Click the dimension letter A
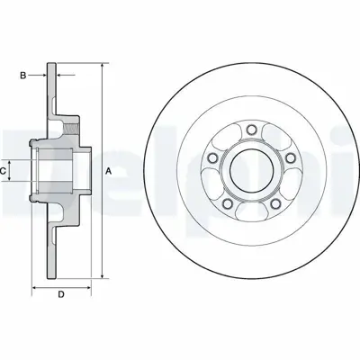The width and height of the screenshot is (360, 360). click(x=108, y=170)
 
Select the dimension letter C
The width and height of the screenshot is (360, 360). click(x=4, y=168)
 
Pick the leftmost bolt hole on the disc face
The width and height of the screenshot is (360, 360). click(x=211, y=159)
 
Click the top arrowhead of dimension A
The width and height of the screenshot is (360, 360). click(x=102, y=65)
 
